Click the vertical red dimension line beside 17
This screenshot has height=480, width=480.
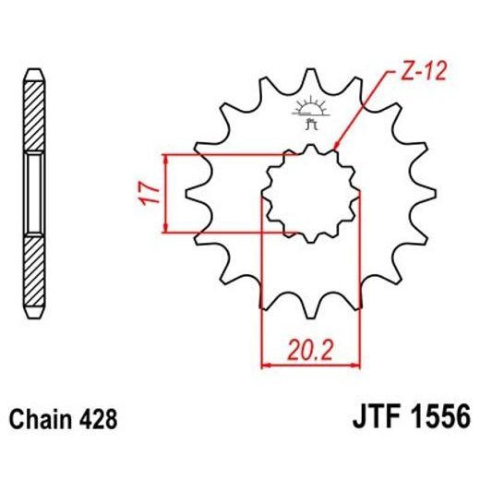[x=165, y=194]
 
